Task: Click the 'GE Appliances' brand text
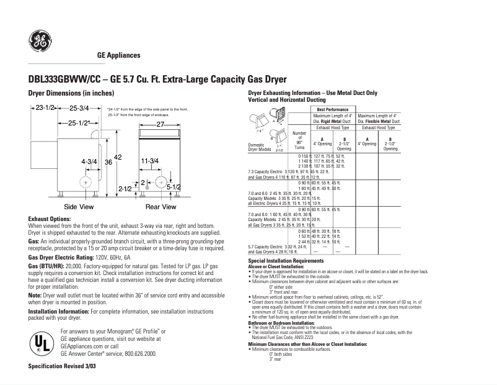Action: tap(118, 55)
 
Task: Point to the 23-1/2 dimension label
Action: tap(43, 108)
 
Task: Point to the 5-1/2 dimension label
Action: tap(174, 186)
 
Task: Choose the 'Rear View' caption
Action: tap(161, 206)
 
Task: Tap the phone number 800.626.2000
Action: tap(139, 353)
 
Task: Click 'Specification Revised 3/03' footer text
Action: tap(63, 367)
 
